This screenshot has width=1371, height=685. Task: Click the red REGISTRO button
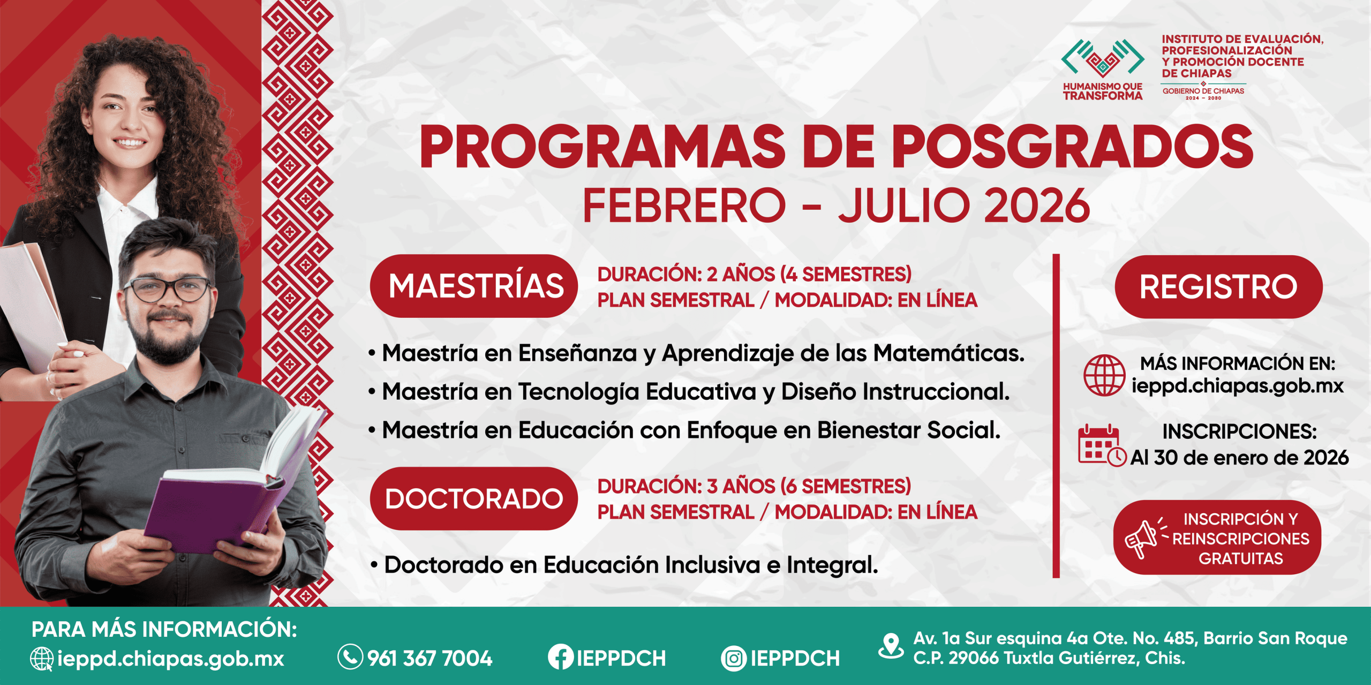pyautogui.click(x=1218, y=287)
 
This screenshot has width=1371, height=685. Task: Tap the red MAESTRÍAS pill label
pyautogui.click(x=474, y=286)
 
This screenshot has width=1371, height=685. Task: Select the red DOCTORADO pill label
pyautogui.click(x=474, y=498)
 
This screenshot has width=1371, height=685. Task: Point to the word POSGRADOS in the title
pyautogui.click(x=1072, y=147)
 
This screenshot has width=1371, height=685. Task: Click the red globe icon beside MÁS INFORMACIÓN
pyautogui.click(x=1104, y=375)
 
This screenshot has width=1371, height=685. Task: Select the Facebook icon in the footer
pyautogui.click(x=560, y=657)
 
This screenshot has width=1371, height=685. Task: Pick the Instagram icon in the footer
pyautogui.click(x=734, y=658)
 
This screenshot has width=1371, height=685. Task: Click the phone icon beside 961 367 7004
pyautogui.click(x=350, y=657)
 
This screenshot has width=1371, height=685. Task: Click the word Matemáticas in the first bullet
pyautogui.click(x=948, y=353)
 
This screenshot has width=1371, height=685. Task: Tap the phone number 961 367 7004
pyautogui.click(x=430, y=658)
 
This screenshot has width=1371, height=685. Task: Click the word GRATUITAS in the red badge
pyautogui.click(x=1240, y=559)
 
